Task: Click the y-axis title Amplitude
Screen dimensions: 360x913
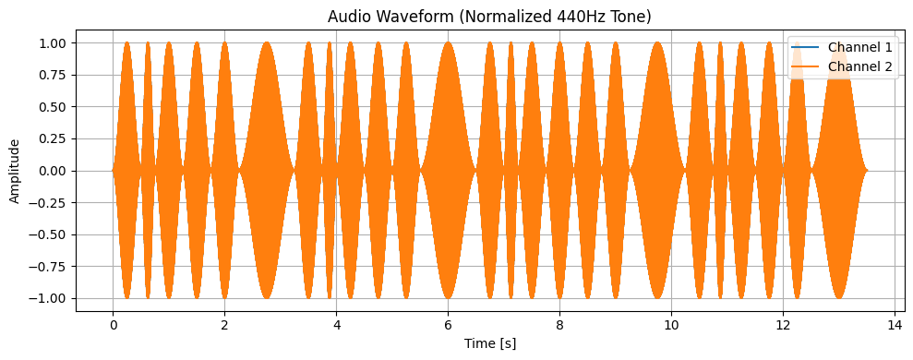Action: [15, 171]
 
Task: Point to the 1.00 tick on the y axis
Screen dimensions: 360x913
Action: [51, 43]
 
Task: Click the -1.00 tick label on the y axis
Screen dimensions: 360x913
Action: [48, 298]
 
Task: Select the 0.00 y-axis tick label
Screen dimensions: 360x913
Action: [51, 171]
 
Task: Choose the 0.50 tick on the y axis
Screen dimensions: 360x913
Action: [51, 107]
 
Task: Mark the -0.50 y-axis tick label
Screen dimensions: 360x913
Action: [48, 234]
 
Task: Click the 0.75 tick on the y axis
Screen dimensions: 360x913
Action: [51, 75]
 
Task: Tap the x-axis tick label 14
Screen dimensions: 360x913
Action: [895, 326]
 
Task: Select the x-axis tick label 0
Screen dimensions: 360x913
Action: [113, 326]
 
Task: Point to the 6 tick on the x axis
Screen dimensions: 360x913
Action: [448, 326]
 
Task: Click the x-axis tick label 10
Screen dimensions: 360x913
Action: [671, 326]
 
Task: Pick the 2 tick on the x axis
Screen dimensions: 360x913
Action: [224, 326]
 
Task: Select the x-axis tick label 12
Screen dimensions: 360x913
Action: [783, 326]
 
